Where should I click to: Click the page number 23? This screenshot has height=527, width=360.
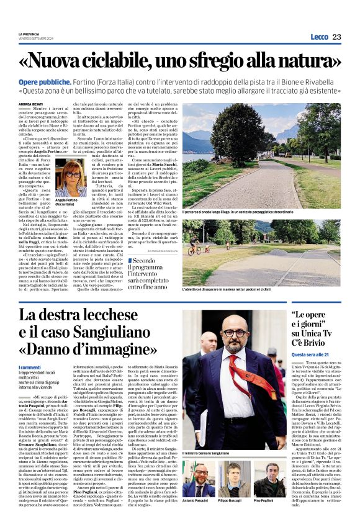336,37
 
